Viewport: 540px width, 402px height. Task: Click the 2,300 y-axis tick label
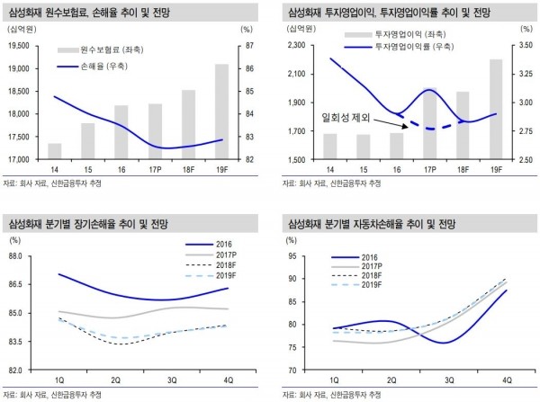[x=296, y=46]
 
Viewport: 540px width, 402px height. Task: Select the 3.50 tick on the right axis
[x=524, y=46]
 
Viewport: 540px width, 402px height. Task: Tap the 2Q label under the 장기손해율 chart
[x=115, y=379]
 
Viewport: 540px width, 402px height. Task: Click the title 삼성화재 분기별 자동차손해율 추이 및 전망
[x=378, y=220]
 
